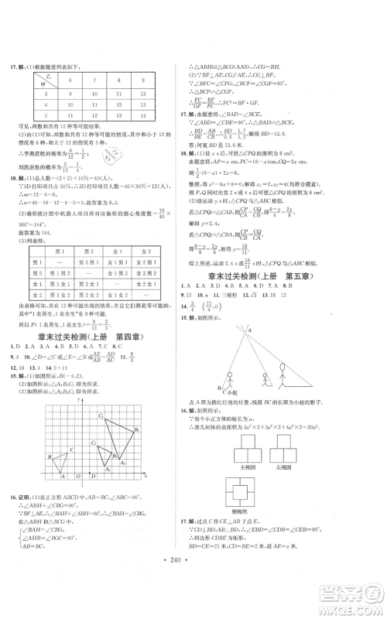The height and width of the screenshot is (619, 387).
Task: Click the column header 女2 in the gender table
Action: tap(145, 251)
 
